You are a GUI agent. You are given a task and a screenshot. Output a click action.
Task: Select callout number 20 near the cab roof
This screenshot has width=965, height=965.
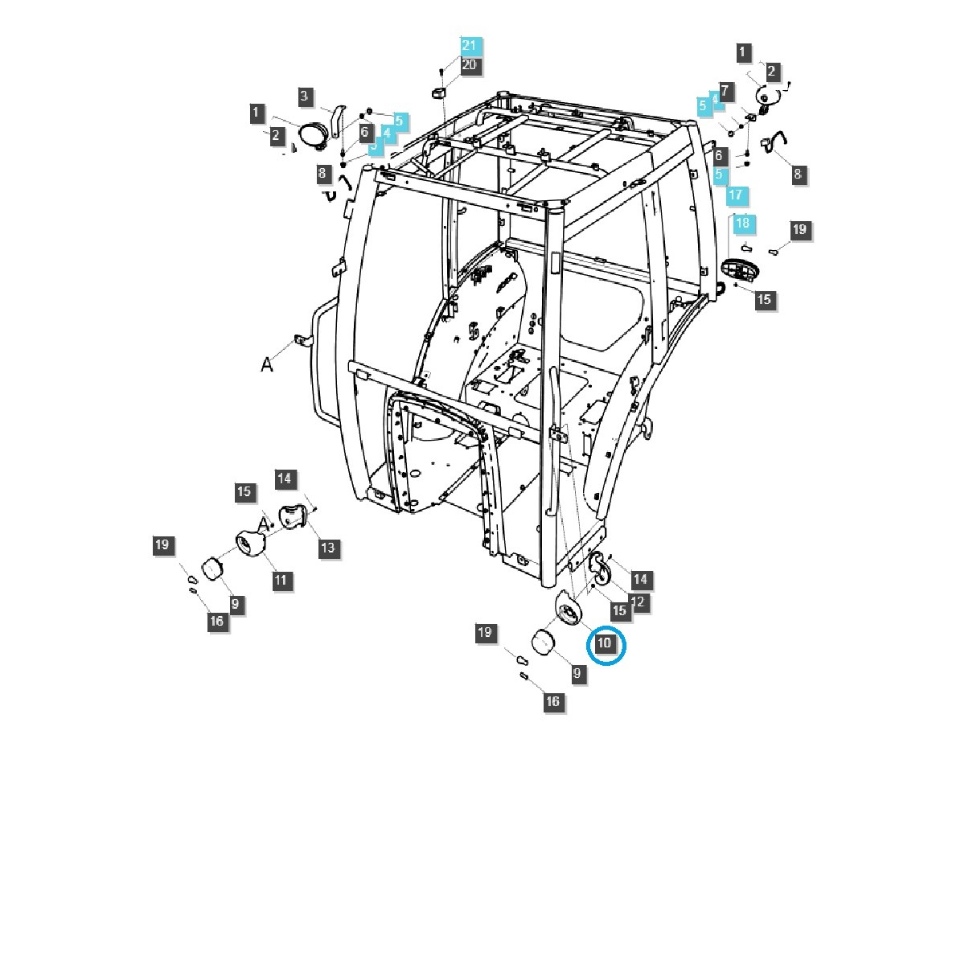(x=469, y=64)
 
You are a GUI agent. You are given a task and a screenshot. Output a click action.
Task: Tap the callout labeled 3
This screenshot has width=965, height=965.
(x=305, y=96)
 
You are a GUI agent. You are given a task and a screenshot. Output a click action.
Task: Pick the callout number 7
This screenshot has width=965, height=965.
(x=725, y=92)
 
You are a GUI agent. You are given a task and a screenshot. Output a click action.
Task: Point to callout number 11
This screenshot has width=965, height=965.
(x=281, y=580)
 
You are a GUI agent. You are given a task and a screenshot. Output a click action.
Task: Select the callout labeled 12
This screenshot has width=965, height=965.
(x=639, y=602)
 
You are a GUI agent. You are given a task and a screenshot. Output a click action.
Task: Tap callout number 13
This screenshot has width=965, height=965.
(x=328, y=548)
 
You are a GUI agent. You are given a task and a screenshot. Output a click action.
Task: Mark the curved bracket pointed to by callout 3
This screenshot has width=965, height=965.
(x=339, y=120)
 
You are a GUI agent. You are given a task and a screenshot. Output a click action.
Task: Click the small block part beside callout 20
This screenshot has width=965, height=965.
(x=439, y=93)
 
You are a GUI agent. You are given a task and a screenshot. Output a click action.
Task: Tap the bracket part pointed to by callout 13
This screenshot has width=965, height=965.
(x=294, y=515)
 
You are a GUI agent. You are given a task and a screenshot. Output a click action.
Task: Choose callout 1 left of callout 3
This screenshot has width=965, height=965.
(x=257, y=113)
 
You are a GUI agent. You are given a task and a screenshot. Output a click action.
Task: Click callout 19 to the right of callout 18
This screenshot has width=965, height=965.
(x=799, y=229)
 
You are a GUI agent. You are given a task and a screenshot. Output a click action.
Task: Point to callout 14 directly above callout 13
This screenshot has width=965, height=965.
(x=285, y=478)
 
